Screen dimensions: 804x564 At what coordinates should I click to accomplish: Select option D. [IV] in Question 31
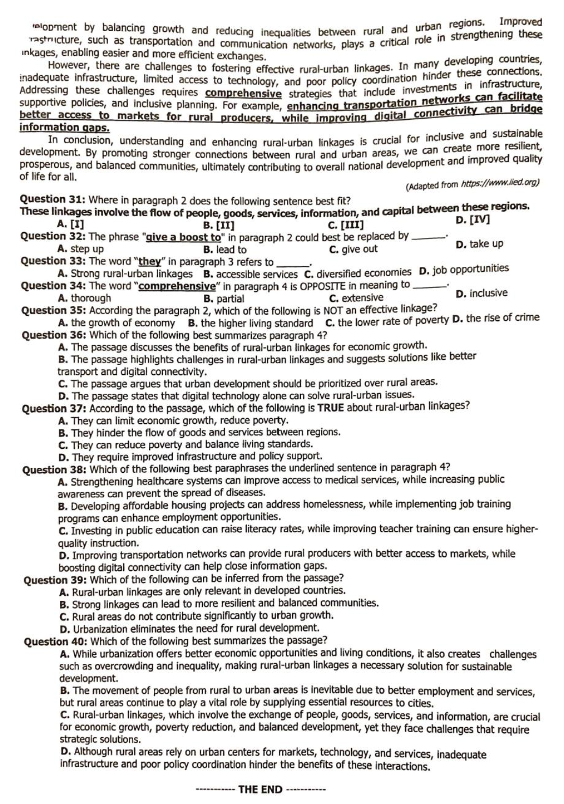point(472,220)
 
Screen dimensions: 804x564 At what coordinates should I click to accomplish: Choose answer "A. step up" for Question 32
point(80,249)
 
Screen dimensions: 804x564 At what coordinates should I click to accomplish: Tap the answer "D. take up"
point(479,244)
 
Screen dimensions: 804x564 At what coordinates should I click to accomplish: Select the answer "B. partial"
point(223,299)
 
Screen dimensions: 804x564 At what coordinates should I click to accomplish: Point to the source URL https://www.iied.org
point(500,184)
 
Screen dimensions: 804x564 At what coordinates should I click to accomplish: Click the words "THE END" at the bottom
point(260,789)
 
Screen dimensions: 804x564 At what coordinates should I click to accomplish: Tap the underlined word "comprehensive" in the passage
point(243,93)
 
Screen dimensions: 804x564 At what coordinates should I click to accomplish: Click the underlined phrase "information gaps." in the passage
point(64,127)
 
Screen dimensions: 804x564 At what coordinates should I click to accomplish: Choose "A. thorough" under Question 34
point(84,298)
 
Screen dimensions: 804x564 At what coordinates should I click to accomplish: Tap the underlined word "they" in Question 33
point(149,261)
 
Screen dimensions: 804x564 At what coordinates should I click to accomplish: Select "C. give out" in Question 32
point(353,249)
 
